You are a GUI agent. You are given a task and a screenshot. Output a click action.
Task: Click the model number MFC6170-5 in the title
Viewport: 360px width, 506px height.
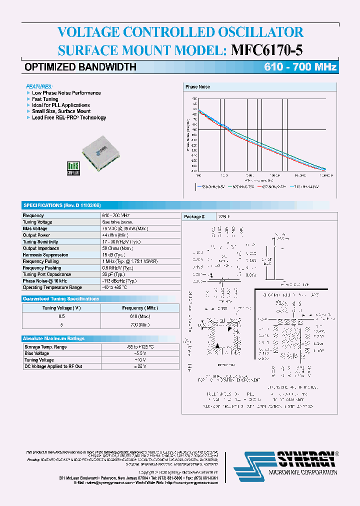coord(267,50)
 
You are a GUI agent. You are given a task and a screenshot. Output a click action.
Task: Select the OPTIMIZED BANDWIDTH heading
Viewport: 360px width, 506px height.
coord(80,67)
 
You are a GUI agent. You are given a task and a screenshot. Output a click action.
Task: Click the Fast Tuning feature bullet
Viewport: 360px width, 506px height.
coord(45,99)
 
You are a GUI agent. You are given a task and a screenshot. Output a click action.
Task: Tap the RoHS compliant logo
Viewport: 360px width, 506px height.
coord(73,168)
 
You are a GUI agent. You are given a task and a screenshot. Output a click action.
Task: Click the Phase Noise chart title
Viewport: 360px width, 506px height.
coord(197,87)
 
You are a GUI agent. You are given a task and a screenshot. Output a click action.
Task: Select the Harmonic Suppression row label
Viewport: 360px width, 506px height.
coord(45,255)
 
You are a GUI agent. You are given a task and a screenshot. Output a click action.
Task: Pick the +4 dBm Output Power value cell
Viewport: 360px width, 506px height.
coord(115,235)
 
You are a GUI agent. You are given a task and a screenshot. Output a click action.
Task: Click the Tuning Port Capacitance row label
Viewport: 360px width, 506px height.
coord(47,274)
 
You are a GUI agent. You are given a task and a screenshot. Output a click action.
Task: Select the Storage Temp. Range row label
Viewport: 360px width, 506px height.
coord(45,347)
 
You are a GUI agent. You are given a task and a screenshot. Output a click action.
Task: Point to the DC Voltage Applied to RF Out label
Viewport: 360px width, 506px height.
coord(53,366)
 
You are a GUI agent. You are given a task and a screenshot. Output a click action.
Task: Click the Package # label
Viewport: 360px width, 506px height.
coord(194,217)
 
